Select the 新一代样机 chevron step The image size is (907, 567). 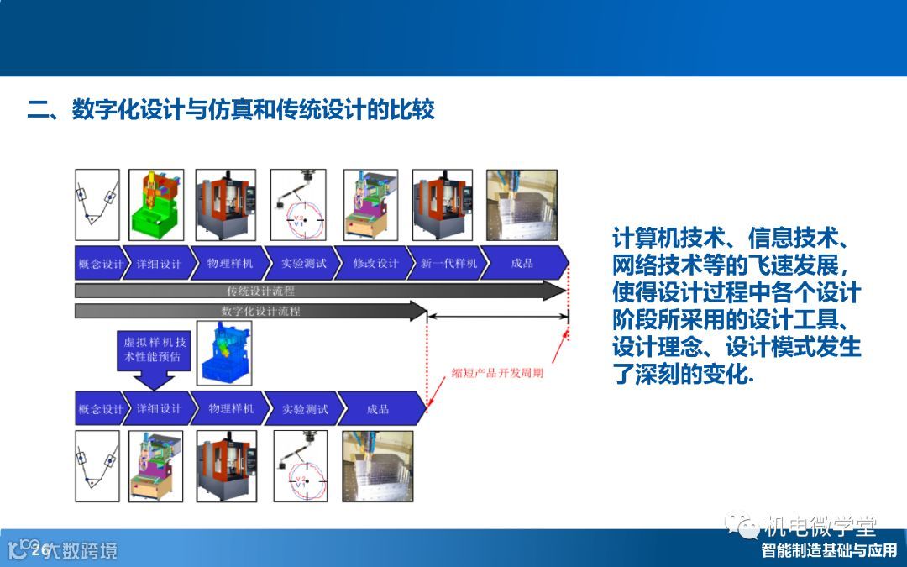(448, 263)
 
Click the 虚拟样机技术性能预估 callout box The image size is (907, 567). (157, 349)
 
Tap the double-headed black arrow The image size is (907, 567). (498, 317)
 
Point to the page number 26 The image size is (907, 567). (39, 550)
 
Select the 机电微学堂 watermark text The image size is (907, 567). (820, 527)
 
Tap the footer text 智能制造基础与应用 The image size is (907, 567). (829, 551)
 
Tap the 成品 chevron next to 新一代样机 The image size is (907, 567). (522, 263)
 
